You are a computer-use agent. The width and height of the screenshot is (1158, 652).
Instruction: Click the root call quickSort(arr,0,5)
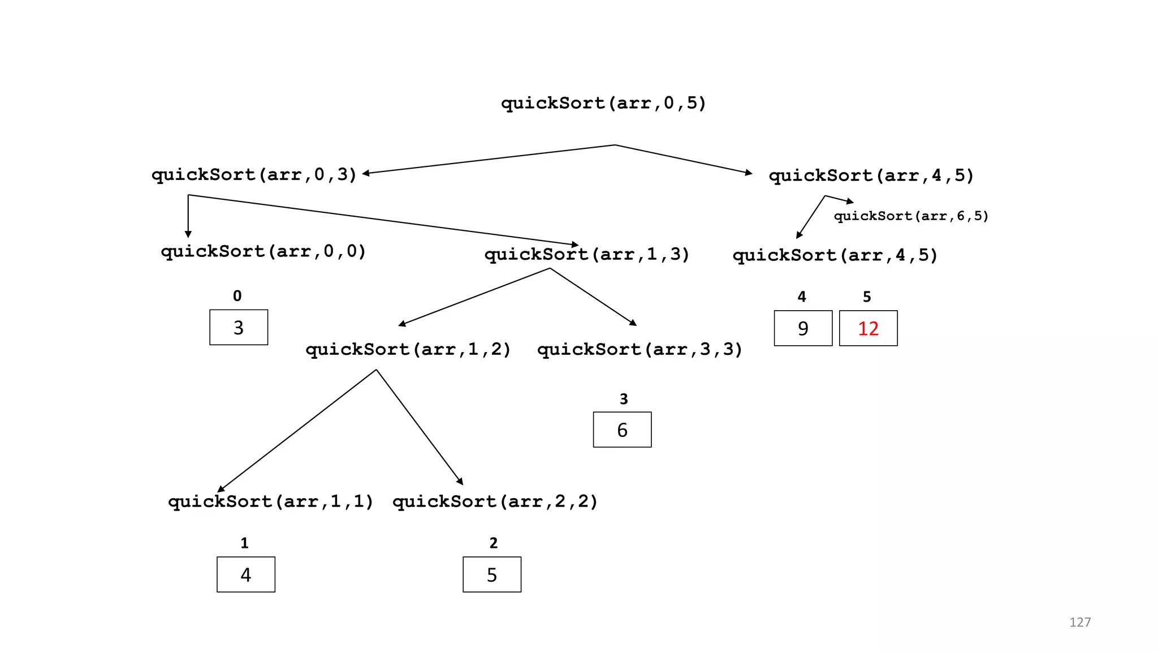pos(603,104)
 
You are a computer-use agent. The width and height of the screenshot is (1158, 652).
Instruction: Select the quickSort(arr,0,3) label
pos(254,175)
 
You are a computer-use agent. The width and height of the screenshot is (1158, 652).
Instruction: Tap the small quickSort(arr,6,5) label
pos(911,216)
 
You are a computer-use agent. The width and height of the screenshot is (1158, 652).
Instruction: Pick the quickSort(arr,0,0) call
pos(263,252)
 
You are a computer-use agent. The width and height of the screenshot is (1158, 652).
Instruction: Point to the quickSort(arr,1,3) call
pos(587,255)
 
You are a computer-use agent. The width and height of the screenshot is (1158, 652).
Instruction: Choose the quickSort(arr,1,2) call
pos(408,350)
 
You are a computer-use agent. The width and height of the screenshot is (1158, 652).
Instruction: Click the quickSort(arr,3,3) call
pos(640,350)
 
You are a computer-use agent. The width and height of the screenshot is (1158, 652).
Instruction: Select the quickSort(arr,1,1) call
pos(271,502)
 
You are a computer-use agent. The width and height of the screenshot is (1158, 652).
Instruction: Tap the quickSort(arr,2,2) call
pos(495,502)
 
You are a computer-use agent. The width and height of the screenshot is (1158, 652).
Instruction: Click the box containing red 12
pos(868,328)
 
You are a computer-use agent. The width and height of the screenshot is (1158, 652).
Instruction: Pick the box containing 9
pos(803,328)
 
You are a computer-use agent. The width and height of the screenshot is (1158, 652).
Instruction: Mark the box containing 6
pos(622,430)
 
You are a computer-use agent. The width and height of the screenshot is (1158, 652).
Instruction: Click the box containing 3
pos(239,328)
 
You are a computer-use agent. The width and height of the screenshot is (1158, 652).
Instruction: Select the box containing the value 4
pos(246,575)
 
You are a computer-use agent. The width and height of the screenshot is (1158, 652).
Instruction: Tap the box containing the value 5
pos(492,575)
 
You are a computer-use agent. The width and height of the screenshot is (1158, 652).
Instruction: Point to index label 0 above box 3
pos(237,296)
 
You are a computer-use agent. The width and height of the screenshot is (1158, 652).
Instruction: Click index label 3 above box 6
pos(624,400)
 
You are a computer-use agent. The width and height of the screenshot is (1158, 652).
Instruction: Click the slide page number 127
pos(1079,622)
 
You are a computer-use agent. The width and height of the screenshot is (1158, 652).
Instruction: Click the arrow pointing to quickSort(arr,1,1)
pos(297,431)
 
